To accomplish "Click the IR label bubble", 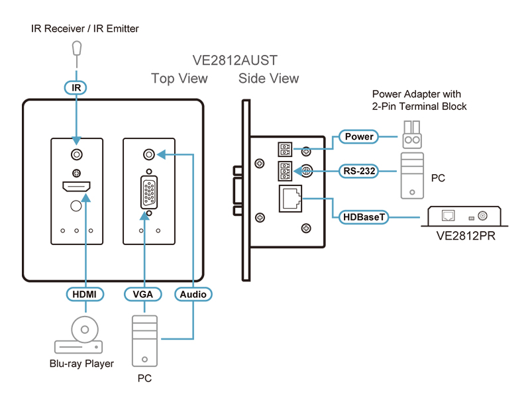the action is pos(76,88).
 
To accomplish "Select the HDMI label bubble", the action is pos(85,294).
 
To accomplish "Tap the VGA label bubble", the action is pos(142,294).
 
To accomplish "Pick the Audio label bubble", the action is pos(193,294).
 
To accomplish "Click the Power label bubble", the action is pos(358,136).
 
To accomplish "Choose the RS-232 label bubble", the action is pos(358,171).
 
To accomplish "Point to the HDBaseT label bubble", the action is pos(364,217).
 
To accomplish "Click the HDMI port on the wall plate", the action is pos(76,186).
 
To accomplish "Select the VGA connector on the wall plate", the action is pos(148,193).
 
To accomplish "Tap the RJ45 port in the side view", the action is pos(290,199).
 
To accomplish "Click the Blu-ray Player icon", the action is pos(79,335).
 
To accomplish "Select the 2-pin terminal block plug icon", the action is pos(412,135).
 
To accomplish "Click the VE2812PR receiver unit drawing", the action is pos(464,216).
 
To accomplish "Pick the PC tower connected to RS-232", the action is pos(412,175).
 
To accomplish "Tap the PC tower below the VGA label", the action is pos(144,341).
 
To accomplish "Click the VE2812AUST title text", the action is pos(235,60).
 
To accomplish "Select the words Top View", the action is pos(179,78).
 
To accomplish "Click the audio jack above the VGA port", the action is pos(148,154).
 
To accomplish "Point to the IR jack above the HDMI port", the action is pos(77,154).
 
